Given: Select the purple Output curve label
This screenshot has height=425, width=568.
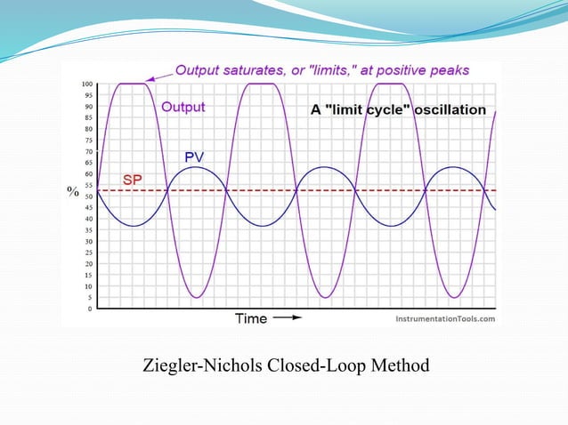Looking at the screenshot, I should point(183,107).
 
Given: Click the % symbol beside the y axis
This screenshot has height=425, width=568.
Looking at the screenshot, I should point(74,191).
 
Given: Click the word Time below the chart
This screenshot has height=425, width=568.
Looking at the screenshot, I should point(250,317).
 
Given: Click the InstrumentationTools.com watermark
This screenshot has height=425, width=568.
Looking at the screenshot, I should point(445,317).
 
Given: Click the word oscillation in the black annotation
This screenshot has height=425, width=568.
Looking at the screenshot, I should point(447,110).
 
